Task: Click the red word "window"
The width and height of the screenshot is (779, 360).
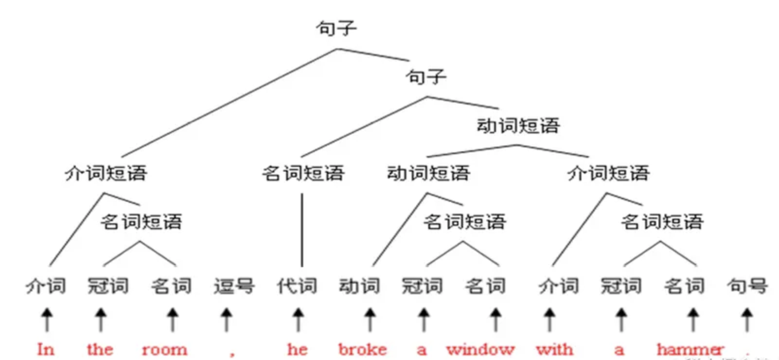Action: [480, 349]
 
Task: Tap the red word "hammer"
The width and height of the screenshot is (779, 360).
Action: [690, 349]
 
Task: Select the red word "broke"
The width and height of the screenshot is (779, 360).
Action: [362, 349]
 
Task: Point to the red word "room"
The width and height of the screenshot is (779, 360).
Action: [164, 349]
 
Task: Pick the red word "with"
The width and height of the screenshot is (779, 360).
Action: [554, 349]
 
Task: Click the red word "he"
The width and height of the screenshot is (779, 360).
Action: [297, 349]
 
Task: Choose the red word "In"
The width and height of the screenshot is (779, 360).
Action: [46, 349]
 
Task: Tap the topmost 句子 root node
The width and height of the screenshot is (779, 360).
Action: [336, 28]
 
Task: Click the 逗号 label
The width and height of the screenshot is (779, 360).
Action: [234, 286]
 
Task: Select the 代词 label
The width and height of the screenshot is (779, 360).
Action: [297, 286]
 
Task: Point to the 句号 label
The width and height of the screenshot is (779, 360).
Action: [747, 286]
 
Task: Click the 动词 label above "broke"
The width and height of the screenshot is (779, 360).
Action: [360, 286]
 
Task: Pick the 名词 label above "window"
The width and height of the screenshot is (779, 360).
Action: [485, 286]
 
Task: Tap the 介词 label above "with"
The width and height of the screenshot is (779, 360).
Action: [559, 286]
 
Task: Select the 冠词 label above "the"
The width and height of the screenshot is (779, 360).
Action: [108, 286]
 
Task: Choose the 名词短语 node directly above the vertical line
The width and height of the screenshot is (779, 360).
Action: [303, 173]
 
